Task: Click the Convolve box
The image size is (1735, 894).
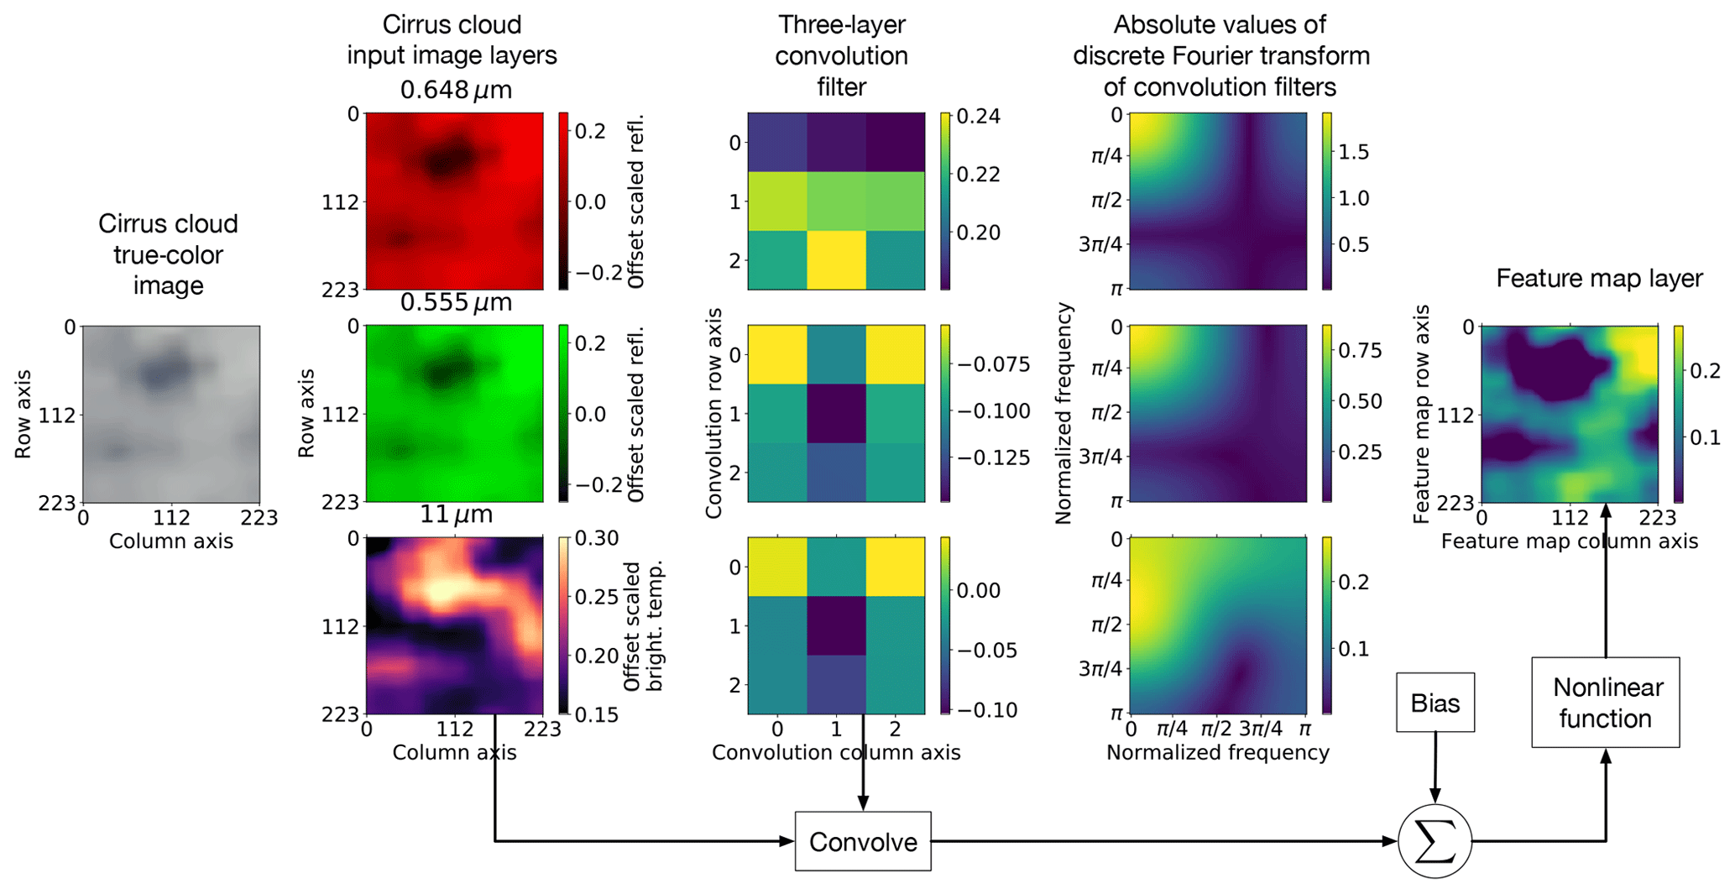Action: coord(862,841)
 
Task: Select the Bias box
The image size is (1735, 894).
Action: coord(1435,703)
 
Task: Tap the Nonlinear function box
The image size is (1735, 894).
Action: coord(1605,703)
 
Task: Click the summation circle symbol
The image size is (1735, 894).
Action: coord(1435,841)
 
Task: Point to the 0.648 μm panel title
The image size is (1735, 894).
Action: coord(456,90)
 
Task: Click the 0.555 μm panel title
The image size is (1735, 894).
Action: coord(456,302)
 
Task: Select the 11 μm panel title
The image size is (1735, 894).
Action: coord(456,514)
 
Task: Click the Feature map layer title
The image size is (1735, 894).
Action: coord(1599,279)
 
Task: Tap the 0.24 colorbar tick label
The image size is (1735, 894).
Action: coord(980,116)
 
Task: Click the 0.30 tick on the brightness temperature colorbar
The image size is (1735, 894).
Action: coord(597,538)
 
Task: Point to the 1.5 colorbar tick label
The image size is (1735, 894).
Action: coord(1353,152)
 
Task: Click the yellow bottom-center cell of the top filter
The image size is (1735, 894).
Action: coord(836,260)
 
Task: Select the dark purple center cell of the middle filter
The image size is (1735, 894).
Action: coord(836,414)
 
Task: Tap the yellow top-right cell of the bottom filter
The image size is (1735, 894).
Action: coord(895,567)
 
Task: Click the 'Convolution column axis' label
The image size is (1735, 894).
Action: coord(836,752)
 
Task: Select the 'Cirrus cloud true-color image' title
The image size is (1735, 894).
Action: coord(168,254)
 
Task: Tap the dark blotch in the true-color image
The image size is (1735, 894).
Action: coord(165,370)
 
